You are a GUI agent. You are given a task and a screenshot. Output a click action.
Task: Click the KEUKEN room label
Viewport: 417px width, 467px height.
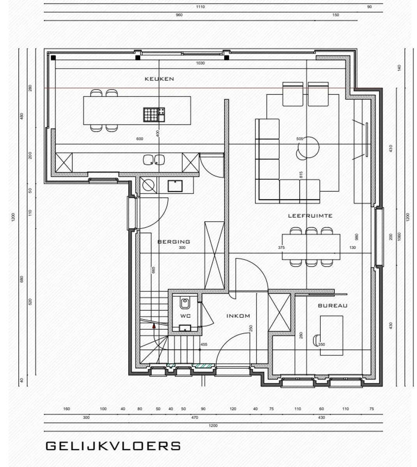click(159, 79)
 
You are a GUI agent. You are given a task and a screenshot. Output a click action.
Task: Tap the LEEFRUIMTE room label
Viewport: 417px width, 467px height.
click(310, 216)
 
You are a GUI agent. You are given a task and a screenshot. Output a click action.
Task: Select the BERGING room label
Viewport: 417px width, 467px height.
click(174, 242)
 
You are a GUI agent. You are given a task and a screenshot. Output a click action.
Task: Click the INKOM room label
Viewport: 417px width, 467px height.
click(238, 316)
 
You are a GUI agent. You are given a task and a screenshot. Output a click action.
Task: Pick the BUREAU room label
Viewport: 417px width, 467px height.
click(332, 306)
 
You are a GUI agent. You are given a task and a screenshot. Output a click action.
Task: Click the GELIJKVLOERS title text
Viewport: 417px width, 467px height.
click(113, 446)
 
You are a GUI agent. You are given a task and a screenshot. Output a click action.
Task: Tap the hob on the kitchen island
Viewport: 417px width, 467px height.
click(154, 114)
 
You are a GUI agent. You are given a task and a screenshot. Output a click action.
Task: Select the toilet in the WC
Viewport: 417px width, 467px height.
click(185, 302)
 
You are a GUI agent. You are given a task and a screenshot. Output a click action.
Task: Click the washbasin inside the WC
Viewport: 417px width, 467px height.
click(185, 328)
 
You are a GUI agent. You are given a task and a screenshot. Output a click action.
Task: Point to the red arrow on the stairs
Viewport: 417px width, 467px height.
click(154, 325)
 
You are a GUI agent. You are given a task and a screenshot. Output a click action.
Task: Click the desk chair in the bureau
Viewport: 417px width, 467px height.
click(316, 340)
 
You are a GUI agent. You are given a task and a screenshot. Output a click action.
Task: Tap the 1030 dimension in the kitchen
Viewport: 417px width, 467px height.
click(200, 63)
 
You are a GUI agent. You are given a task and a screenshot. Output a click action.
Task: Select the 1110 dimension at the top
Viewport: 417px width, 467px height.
click(200, 7)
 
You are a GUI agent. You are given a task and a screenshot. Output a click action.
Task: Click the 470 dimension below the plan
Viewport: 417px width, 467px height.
click(195, 418)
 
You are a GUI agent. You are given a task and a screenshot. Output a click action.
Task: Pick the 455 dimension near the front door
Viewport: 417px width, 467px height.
click(204, 344)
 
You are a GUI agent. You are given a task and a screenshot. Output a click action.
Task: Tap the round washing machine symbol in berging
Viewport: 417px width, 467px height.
click(148, 185)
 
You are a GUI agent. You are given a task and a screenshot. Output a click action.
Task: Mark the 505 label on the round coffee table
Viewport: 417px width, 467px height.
click(299, 139)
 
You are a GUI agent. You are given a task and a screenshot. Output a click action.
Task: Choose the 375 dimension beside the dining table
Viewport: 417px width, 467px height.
click(281, 248)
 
